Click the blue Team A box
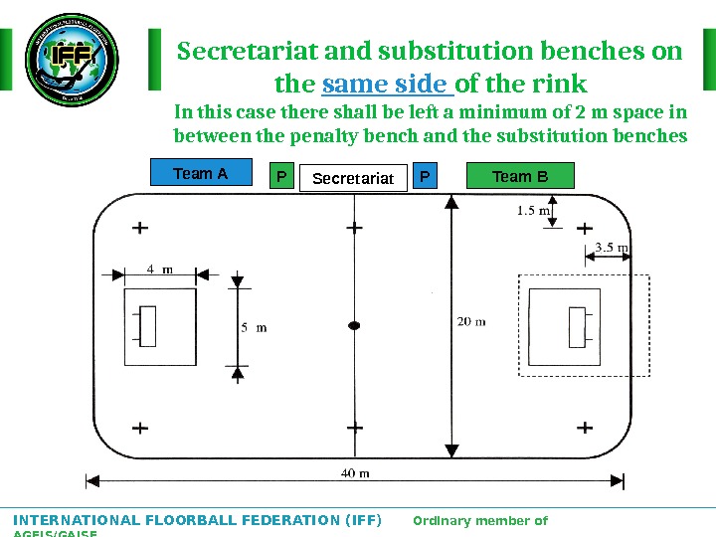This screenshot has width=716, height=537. (201, 174)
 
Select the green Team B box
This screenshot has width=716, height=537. (520, 176)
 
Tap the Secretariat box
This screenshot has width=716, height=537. (353, 178)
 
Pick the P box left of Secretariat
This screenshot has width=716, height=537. (281, 177)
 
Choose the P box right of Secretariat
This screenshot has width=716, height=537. (425, 177)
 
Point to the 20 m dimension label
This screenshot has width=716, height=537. (471, 321)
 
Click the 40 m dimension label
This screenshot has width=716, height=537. (355, 472)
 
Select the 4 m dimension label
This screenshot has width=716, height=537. (159, 268)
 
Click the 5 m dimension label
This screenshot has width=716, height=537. (254, 327)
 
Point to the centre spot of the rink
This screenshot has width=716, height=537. (354, 325)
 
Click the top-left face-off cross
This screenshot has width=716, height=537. (140, 228)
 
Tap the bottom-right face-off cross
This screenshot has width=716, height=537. (585, 428)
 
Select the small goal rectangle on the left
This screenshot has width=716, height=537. (148, 326)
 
